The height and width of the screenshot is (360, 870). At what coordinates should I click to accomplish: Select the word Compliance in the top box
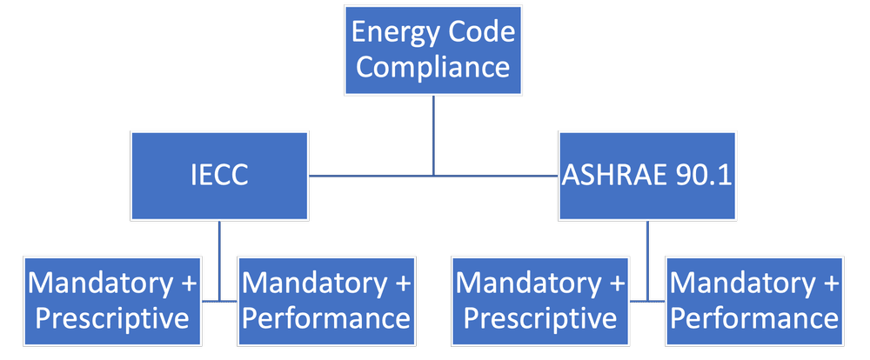[x=432, y=67]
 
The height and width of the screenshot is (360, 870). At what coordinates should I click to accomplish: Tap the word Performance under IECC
[x=325, y=317]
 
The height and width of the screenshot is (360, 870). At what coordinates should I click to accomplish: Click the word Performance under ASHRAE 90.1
[x=755, y=317]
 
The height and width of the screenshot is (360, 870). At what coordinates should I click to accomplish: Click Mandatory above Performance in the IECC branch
[x=310, y=283]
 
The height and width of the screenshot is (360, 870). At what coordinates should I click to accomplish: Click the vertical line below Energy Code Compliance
[x=434, y=130]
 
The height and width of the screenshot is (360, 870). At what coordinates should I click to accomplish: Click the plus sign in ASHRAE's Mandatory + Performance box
[x=829, y=284]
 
